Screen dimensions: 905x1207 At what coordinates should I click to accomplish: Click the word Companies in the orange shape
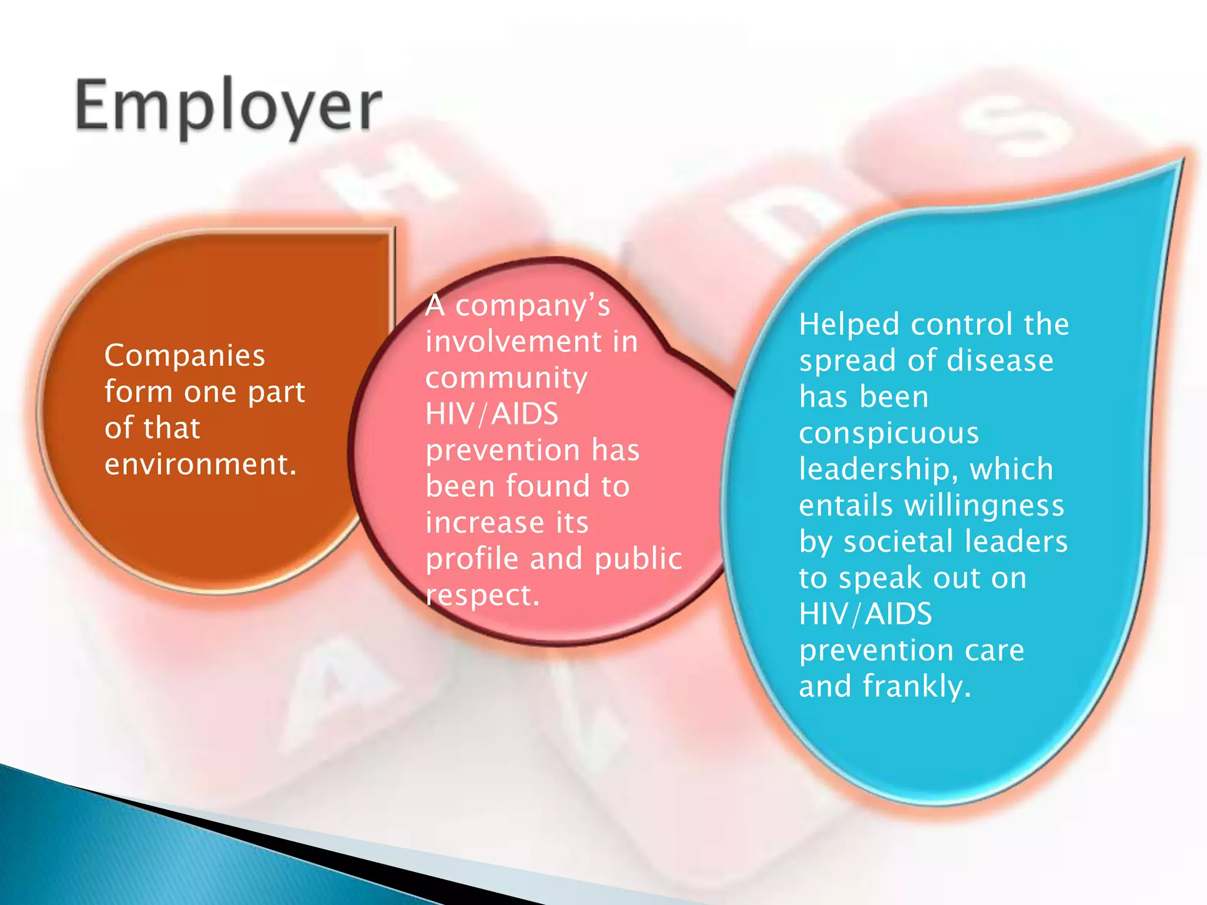[184, 356]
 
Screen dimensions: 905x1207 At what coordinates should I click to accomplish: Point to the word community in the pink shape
[506, 378]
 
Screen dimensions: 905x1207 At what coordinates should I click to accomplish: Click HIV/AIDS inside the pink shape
[492, 414]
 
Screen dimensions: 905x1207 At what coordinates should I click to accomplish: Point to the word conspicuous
[889, 433]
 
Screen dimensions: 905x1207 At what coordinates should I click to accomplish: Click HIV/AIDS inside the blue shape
[865, 614]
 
